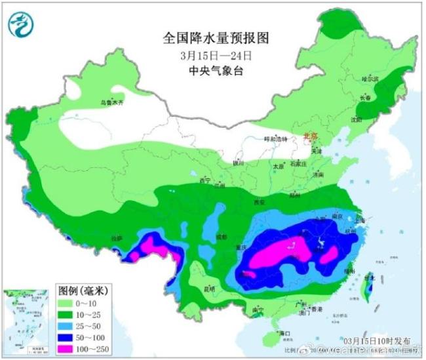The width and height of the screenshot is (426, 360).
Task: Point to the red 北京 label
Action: point(310,136)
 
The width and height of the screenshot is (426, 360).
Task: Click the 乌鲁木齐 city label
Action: point(111,103)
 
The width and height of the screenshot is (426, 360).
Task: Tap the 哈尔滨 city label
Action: point(371,78)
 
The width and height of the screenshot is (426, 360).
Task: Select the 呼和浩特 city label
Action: point(275,139)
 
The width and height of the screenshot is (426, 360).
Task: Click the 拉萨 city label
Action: point(116,239)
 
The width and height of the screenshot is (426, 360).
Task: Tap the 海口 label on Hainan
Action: point(284,333)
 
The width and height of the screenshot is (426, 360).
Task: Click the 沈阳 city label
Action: point(356,120)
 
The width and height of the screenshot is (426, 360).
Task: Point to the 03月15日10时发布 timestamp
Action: point(378,341)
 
